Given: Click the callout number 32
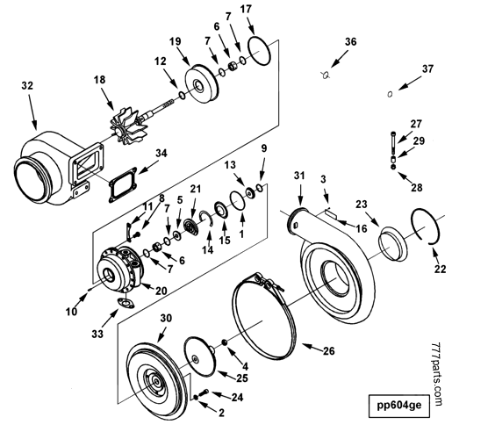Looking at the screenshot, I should click(27, 86).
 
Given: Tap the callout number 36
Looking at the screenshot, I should click(350, 42).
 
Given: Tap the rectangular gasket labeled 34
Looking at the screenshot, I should click(120, 185).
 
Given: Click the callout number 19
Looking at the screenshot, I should click(176, 42).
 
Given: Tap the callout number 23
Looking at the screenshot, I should click(362, 205).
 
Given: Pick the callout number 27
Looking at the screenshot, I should click(416, 123).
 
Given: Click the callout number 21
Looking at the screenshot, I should click(196, 190).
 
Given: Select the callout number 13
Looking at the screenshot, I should click(230, 165).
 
